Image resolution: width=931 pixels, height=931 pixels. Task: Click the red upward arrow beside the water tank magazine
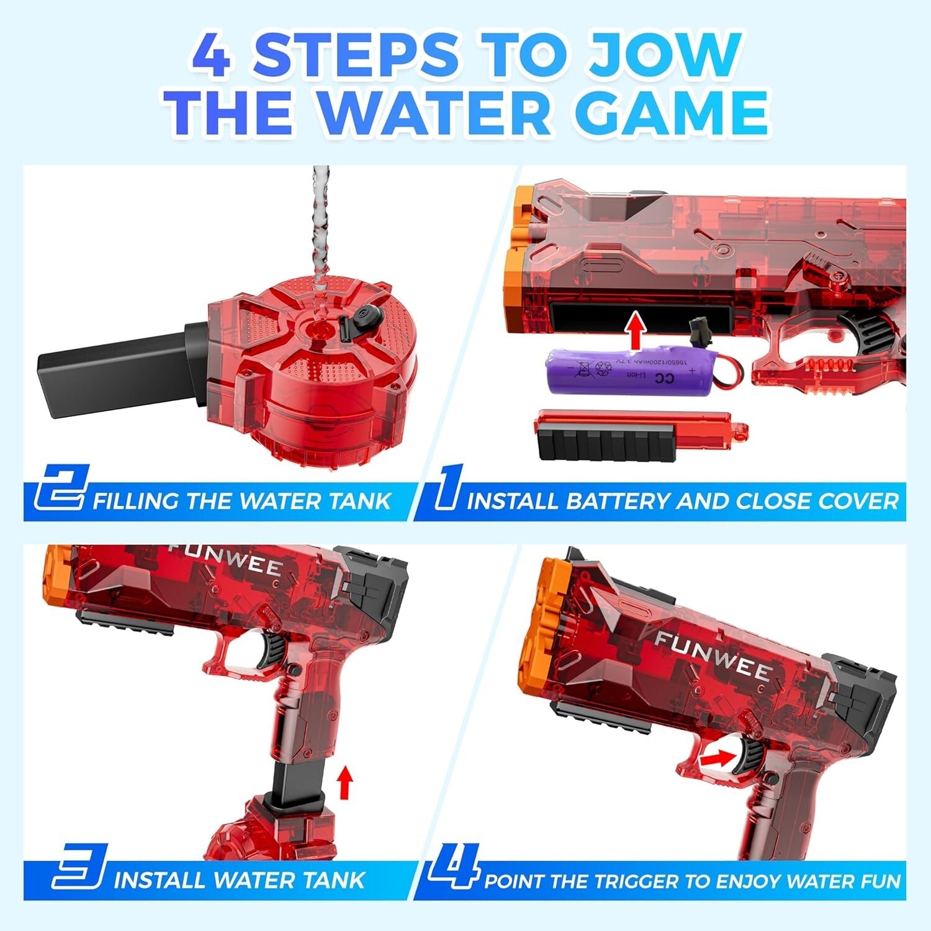click(346, 782)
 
